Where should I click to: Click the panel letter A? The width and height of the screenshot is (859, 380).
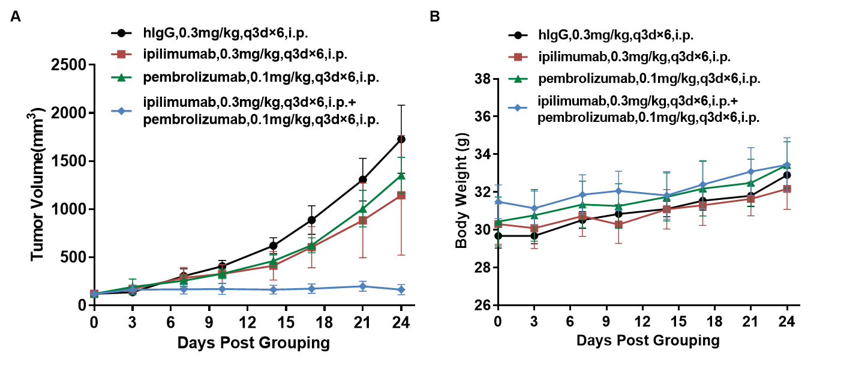pyautogui.click(x=16, y=17)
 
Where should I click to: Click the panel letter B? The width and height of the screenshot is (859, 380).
pyautogui.click(x=435, y=17)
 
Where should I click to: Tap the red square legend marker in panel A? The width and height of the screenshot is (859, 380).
pyautogui.click(x=121, y=55)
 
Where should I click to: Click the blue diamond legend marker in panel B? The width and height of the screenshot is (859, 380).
pyautogui.click(x=515, y=107)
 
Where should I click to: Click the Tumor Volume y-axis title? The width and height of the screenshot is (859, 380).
pyautogui.click(x=38, y=185)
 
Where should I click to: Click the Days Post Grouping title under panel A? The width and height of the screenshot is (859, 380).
pyautogui.click(x=253, y=343)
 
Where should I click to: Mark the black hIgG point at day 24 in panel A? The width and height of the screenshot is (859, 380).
pyautogui.click(x=401, y=139)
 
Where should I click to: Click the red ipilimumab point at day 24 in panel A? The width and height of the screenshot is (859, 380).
pyautogui.click(x=401, y=195)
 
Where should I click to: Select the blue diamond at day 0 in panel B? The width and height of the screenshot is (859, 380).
pyautogui.click(x=498, y=202)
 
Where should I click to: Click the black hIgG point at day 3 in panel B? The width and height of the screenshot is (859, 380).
pyautogui.click(x=533, y=235)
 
